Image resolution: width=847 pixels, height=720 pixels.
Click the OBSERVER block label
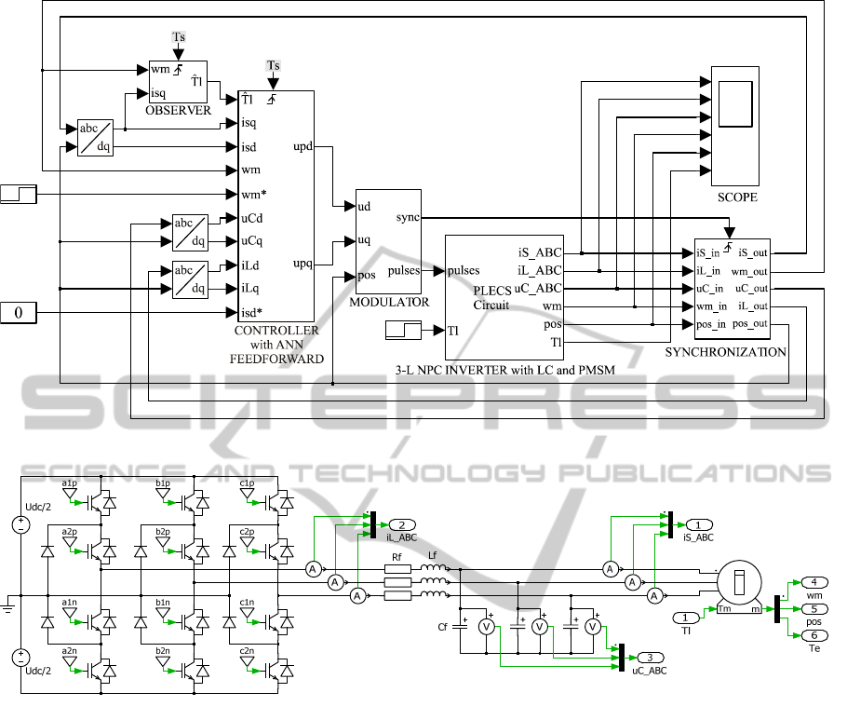[x=178, y=111]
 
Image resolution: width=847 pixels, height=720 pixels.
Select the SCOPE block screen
[x=735, y=103]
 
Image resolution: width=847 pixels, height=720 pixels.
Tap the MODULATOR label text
[x=389, y=302]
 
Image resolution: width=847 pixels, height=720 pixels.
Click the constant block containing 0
[x=19, y=313]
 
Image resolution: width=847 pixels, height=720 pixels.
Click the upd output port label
[x=302, y=146]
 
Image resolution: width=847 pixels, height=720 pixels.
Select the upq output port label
[x=302, y=264]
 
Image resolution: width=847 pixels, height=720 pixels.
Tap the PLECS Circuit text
[x=491, y=297]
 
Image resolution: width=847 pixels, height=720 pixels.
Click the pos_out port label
[x=750, y=323]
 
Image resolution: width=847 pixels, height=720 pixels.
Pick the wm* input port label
[x=253, y=195]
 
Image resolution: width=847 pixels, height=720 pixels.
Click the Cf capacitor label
[x=443, y=628]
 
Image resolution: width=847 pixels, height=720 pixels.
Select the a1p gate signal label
[x=70, y=483]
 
